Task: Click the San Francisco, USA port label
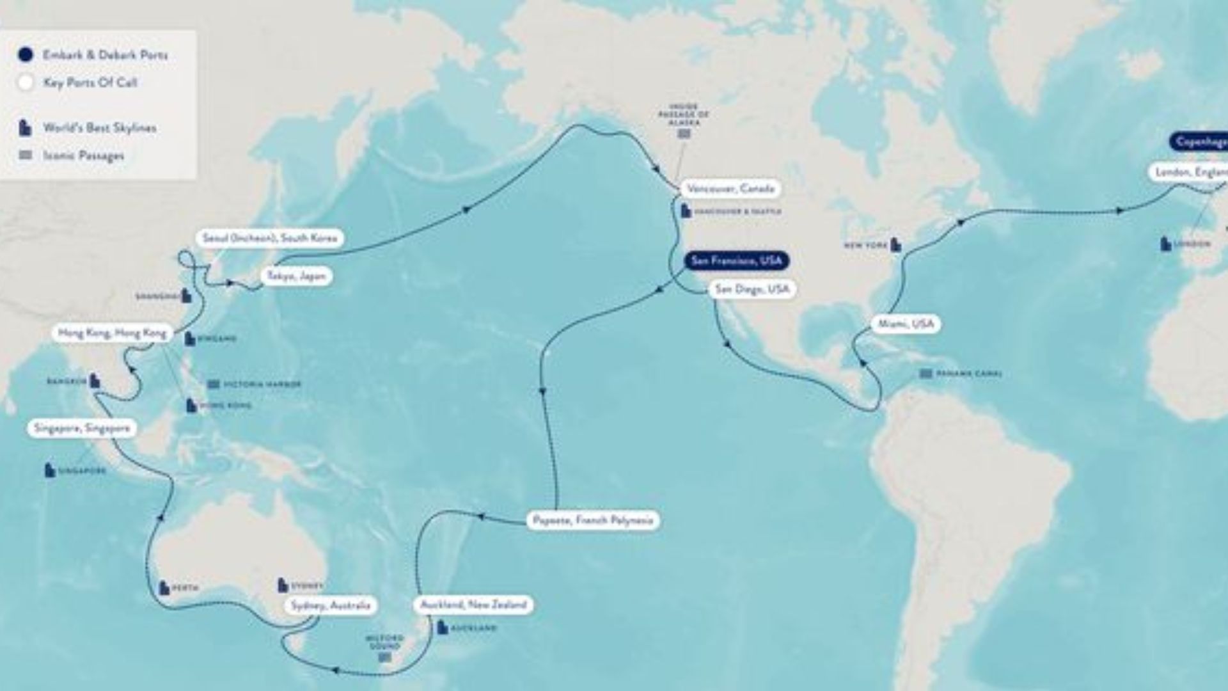[736, 261]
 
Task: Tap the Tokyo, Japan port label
[297, 276]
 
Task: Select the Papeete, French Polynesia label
[593, 520]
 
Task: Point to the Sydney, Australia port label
[331, 605]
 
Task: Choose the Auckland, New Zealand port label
[473, 605]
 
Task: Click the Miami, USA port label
[906, 324]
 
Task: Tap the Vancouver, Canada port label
[730, 189]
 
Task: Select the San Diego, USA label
[752, 289]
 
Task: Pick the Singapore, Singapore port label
[82, 429]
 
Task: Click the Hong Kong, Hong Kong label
[112, 333]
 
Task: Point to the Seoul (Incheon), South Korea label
[269, 238]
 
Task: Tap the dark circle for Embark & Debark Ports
[26, 55]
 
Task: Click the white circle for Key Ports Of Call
[26, 83]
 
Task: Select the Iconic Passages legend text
[84, 155]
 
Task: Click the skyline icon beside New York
[897, 244]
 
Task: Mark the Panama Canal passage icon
[925, 374]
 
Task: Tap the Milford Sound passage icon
[385, 657]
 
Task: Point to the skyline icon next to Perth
[164, 587]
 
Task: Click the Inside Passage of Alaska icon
[684, 134]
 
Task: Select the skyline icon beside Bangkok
[95, 381]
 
